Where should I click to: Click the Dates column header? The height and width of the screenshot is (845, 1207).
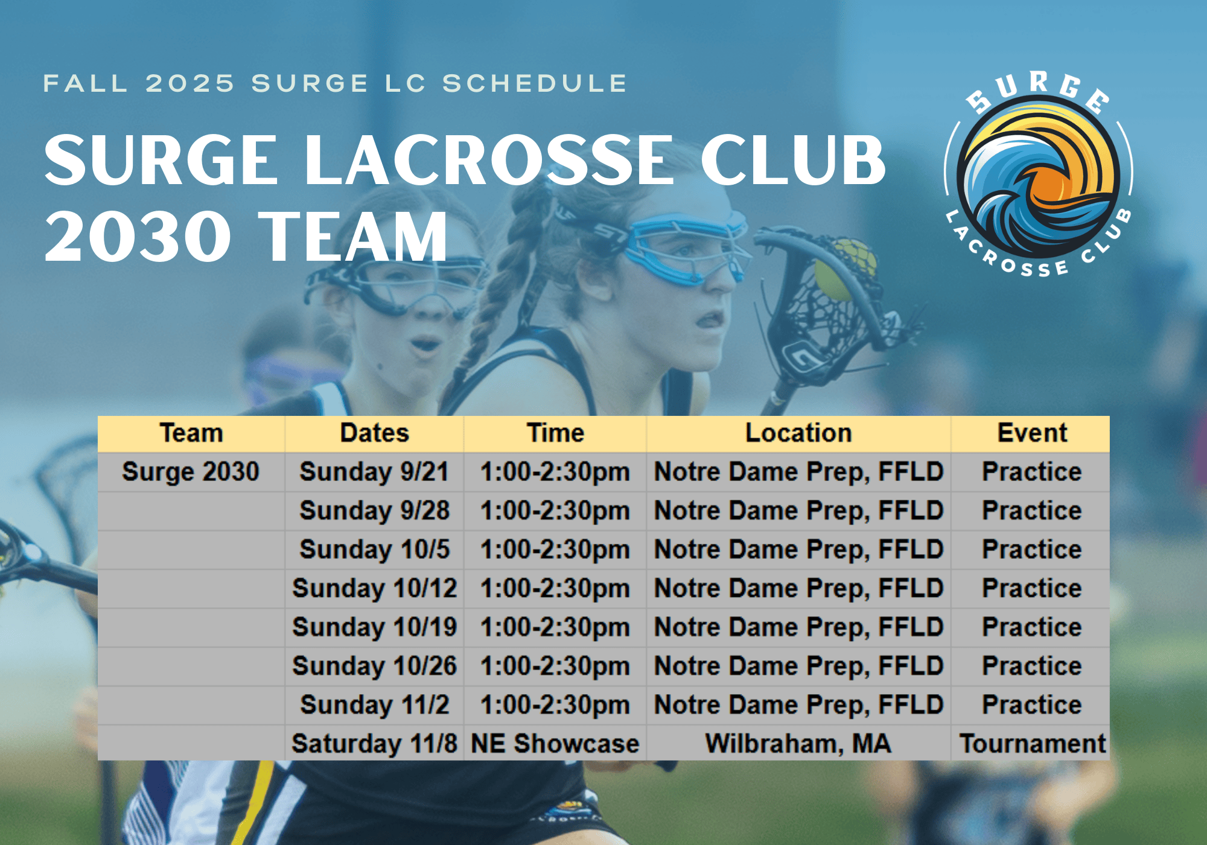click(374, 433)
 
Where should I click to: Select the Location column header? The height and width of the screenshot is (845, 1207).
click(798, 433)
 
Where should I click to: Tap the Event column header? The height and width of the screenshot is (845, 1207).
click(1031, 433)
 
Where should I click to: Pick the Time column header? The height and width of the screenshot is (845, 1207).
click(555, 433)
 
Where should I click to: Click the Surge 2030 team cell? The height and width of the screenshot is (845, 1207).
click(191, 472)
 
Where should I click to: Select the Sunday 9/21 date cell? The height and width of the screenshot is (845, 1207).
click(374, 472)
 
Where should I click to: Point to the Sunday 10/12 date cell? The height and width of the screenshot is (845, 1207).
click(374, 588)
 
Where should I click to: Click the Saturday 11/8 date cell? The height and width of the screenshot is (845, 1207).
click(374, 744)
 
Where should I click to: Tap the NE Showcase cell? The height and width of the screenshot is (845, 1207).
click(555, 744)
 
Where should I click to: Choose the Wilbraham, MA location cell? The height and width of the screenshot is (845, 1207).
click(798, 744)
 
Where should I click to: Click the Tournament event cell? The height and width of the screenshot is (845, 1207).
click(1031, 744)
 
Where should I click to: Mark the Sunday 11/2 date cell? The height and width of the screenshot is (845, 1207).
click(374, 705)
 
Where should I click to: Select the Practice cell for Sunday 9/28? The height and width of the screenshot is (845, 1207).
click(1031, 511)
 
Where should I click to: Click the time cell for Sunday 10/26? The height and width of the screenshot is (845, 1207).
click(555, 666)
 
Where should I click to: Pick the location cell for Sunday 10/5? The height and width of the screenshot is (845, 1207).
click(798, 550)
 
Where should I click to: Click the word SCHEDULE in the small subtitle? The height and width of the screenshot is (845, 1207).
click(535, 83)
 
